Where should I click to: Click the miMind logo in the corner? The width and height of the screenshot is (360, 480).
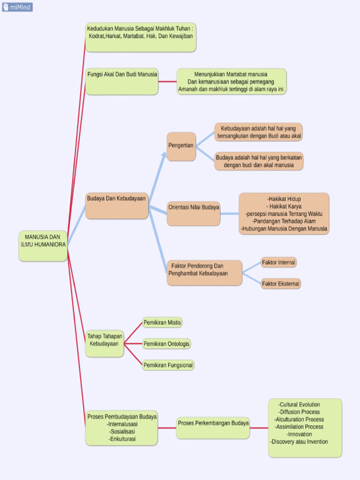tap(17, 7)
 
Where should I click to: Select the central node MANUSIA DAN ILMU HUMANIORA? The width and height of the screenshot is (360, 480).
tap(43, 246)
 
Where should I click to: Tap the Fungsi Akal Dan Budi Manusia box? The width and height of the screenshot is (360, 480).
tap(122, 81)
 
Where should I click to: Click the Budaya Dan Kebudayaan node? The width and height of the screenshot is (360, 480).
tap(117, 205)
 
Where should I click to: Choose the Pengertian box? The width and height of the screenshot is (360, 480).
tap(181, 146)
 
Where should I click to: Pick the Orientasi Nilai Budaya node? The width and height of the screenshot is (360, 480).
tap(193, 213)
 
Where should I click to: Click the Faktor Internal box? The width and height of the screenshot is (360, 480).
tap(278, 262)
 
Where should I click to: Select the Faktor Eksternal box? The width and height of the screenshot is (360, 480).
tap(281, 284)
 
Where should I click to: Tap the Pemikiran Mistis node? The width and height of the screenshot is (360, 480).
tap(162, 322)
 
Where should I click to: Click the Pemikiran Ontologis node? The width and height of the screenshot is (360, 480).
tap(166, 344)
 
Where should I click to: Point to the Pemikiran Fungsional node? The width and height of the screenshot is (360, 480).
tap(168, 365)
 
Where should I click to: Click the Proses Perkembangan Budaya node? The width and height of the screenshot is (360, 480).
tap(213, 427)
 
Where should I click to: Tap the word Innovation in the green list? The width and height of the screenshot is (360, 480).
tap(300, 434)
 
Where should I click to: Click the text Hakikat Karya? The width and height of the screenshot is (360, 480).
tap(284, 206)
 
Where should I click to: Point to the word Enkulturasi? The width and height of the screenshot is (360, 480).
tap(122, 439)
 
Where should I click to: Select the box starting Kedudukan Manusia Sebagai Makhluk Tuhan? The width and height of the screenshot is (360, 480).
tap(140, 37)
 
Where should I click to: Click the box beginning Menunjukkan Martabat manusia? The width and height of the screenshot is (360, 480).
tap(232, 82)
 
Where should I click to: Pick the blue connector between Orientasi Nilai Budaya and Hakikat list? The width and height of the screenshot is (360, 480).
tap(229, 214)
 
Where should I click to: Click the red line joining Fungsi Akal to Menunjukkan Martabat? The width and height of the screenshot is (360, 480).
tap(167, 82)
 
